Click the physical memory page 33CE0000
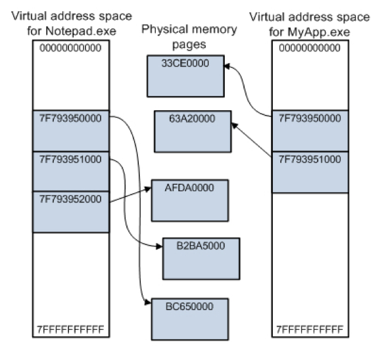pos(186,74)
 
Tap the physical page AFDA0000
pos(190,199)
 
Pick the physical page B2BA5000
pos(201,258)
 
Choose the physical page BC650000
pos(190,317)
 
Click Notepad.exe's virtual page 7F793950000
pos(70,130)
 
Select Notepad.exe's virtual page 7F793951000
pos(70,171)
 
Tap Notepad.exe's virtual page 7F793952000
pos(70,211)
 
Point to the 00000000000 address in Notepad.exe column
pos(70,49)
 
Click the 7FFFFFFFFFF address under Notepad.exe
pos(70,328)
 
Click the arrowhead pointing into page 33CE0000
pos(228,65)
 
